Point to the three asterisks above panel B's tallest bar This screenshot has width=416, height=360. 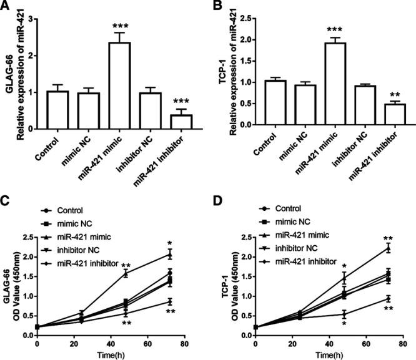(331, 29)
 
